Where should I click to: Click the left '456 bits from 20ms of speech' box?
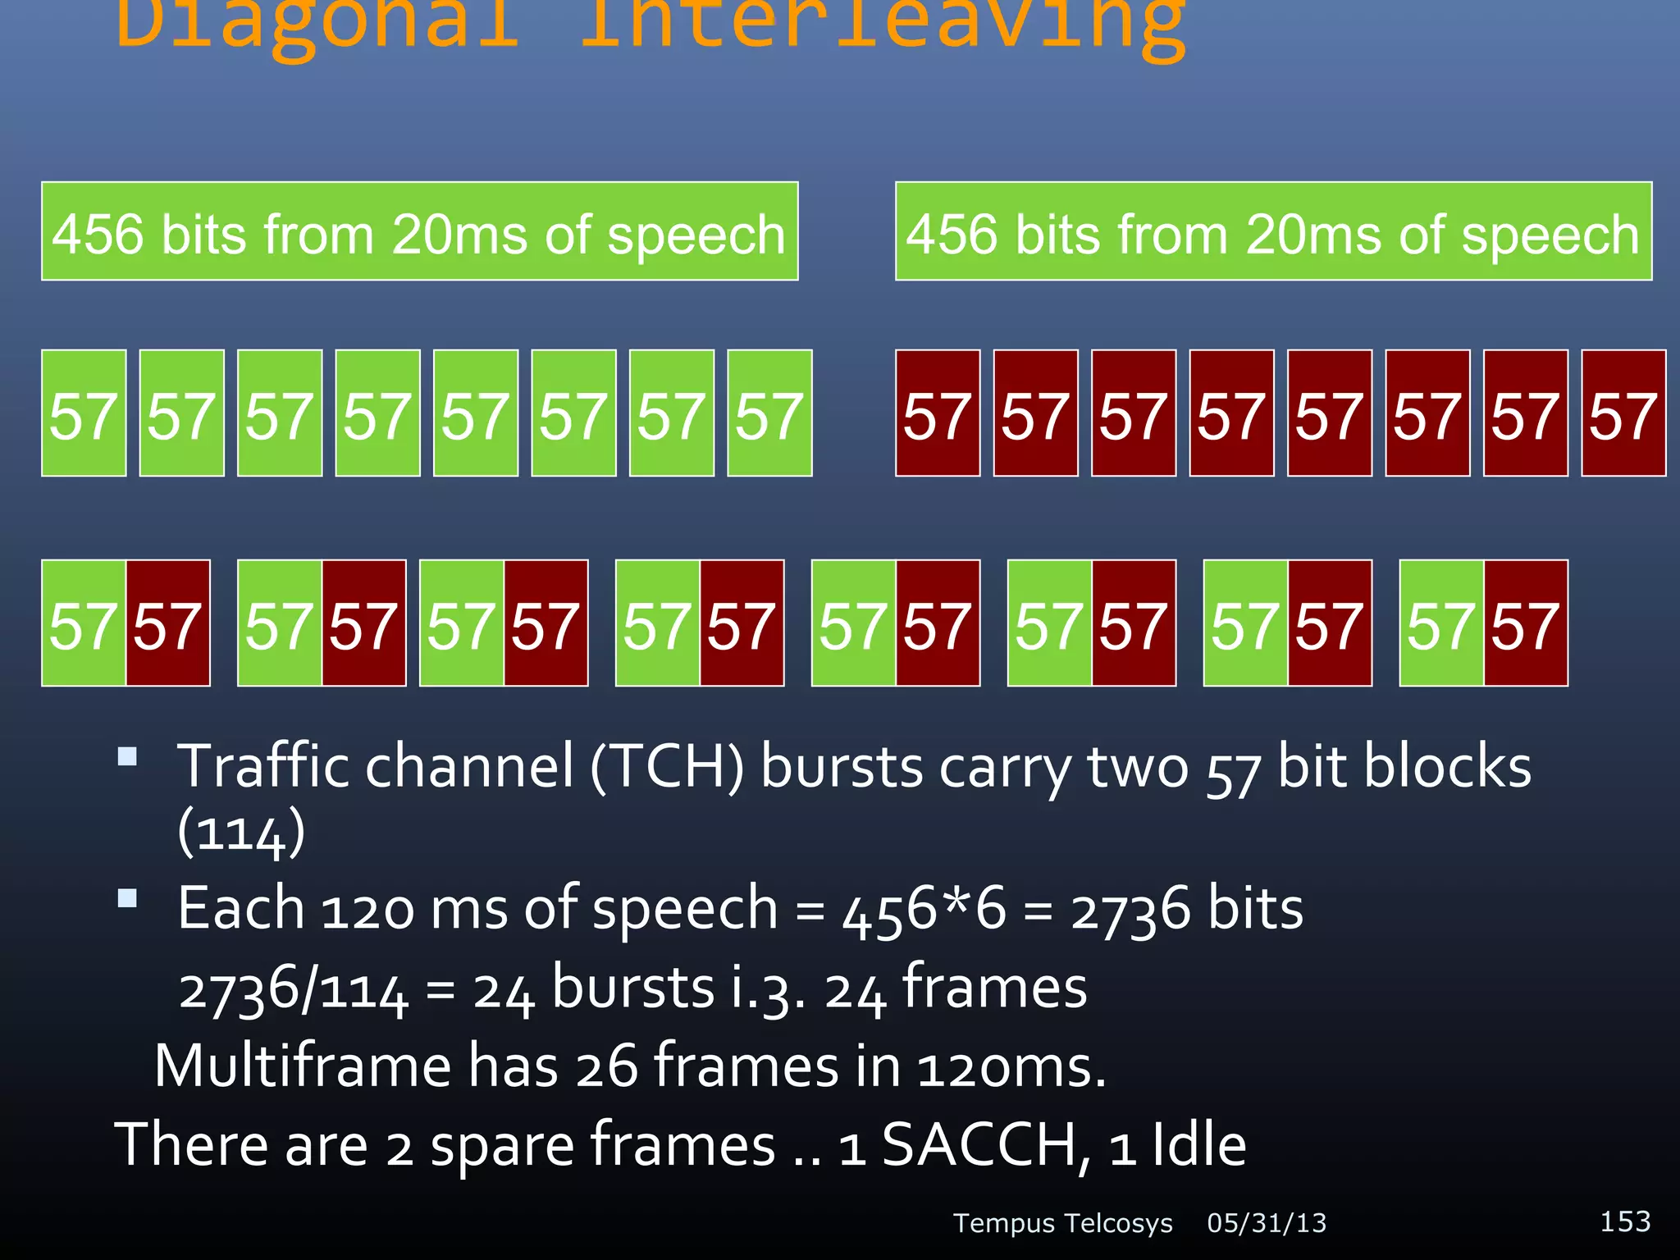coord(419,231)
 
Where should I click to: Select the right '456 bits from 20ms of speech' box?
coord(1273,231)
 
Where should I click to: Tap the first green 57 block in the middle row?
coord(84,413)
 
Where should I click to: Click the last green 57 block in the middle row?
coord(769,413)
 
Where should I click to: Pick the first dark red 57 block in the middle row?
coord(938,413)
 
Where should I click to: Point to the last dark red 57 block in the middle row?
coord(1623,413)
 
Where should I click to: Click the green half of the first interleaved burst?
coord(84,623)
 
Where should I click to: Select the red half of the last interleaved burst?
coord(1526,623)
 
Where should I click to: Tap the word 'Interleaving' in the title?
coord(882,25)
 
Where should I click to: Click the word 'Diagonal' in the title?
coord(318,25)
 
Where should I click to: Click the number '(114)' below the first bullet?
coord(241,832)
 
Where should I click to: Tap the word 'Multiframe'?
coord(303,1066)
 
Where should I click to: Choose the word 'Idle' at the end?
coord(1198,1145)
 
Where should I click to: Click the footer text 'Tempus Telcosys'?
coord(1063,1223)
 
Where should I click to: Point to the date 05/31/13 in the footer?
coord(1267,1223)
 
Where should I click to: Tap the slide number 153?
coord(1625,1221)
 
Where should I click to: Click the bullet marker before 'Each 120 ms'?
coord(127,899)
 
